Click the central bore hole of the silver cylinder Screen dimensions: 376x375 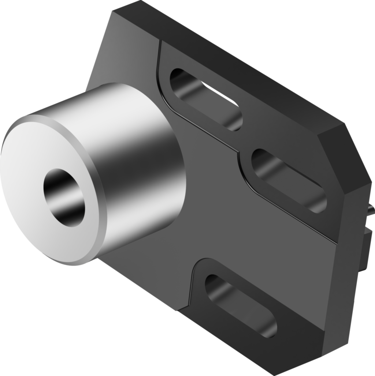coord(64,198)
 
